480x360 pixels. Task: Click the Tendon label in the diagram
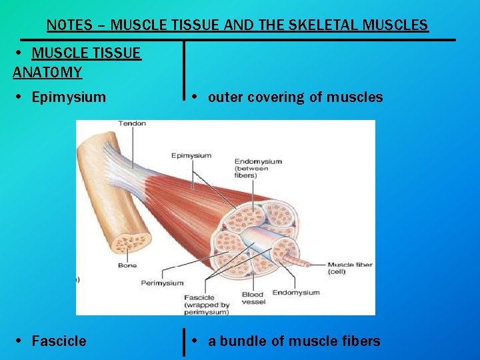pos(132,123)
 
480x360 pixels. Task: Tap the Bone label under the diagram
pos(127,265)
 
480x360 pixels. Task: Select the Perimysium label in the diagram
pos(162,283)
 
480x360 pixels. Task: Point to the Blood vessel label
pos(253,298)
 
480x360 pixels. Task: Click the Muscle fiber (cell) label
pos(349,268)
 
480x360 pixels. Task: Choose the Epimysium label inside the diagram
pos(191,155)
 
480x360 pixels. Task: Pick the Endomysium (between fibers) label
pos(258,168)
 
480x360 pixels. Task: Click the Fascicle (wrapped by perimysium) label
pos(206,304)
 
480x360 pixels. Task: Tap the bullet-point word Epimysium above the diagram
pos(69,97)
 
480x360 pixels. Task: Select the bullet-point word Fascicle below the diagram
pos(59,341)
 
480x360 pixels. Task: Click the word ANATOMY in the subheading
pos(47,72)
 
